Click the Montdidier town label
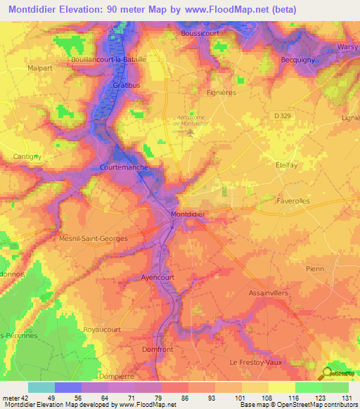(188, 214)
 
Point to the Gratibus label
(127, 85)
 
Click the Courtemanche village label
(123, 169)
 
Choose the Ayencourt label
(159, 276)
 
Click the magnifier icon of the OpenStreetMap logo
(327, 374)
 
